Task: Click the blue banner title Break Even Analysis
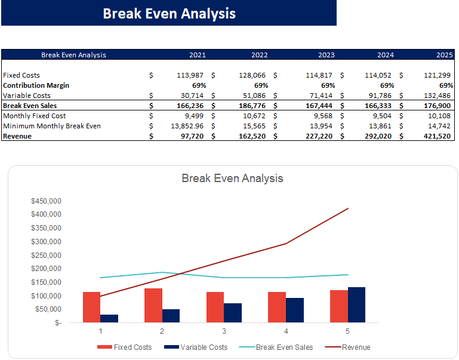pyautogui.click(x=169, y=13)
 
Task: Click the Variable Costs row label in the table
pyautogui.click(x=27, y=96)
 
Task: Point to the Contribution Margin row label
pyautogui.click(x=36, y=85)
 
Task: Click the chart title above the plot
pyautogui.click(x=232, y=178)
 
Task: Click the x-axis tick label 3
pyautogui.click(x=224, y=331)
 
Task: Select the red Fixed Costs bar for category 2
pyautogui.click(x=153, y=305)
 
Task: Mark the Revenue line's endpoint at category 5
pyautogui.click(x=347, y=208)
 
